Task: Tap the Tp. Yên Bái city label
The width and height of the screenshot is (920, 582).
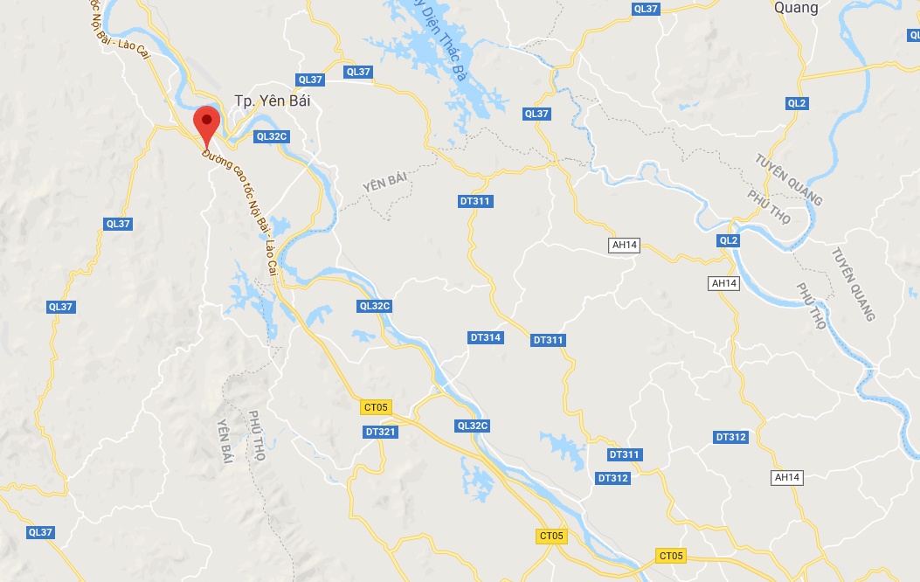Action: pyautogui.click(x=273, y=101)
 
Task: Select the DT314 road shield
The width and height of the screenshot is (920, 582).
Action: pyautogui.click(x=486, y=337)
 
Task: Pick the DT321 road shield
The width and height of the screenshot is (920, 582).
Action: pyautogui.click(x=381, y=432)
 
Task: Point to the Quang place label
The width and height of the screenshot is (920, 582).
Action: pyautogui.click(x=796, y=8)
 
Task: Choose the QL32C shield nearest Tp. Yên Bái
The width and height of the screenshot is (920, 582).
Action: pyautogui.click(x=272, y=136)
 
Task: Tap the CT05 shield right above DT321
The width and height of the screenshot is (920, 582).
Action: pyautogui.click(x=377, y=406)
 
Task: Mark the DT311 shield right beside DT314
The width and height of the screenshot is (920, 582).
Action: pyautogui.click(x=549, y=340)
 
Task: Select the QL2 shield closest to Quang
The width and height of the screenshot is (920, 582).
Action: pyautogui.click(x=796, y=103)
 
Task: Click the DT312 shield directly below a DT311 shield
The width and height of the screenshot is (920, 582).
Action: pyautogui.click(x=613, y=478)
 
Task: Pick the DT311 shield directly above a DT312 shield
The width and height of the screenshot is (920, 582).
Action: pyautogui.click(x=625, y=454)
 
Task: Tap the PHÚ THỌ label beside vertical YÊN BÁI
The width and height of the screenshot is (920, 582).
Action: pyautogui.click(x=255, y=435)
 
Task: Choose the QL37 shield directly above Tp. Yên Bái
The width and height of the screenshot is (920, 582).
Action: pyautogui.click(x=310, y=80)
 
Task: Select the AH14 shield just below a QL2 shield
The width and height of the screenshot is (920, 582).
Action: pyautogui.click(x=725, y=283)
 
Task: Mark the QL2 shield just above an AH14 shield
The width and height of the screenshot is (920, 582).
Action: pyautogui.click(x=728, y=240)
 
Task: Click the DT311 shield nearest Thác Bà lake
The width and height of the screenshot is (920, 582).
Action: pyautogui.click(x=475, y=201)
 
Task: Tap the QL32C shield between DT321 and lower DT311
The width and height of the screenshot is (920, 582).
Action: pyautogui.click(x=472, y=426)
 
